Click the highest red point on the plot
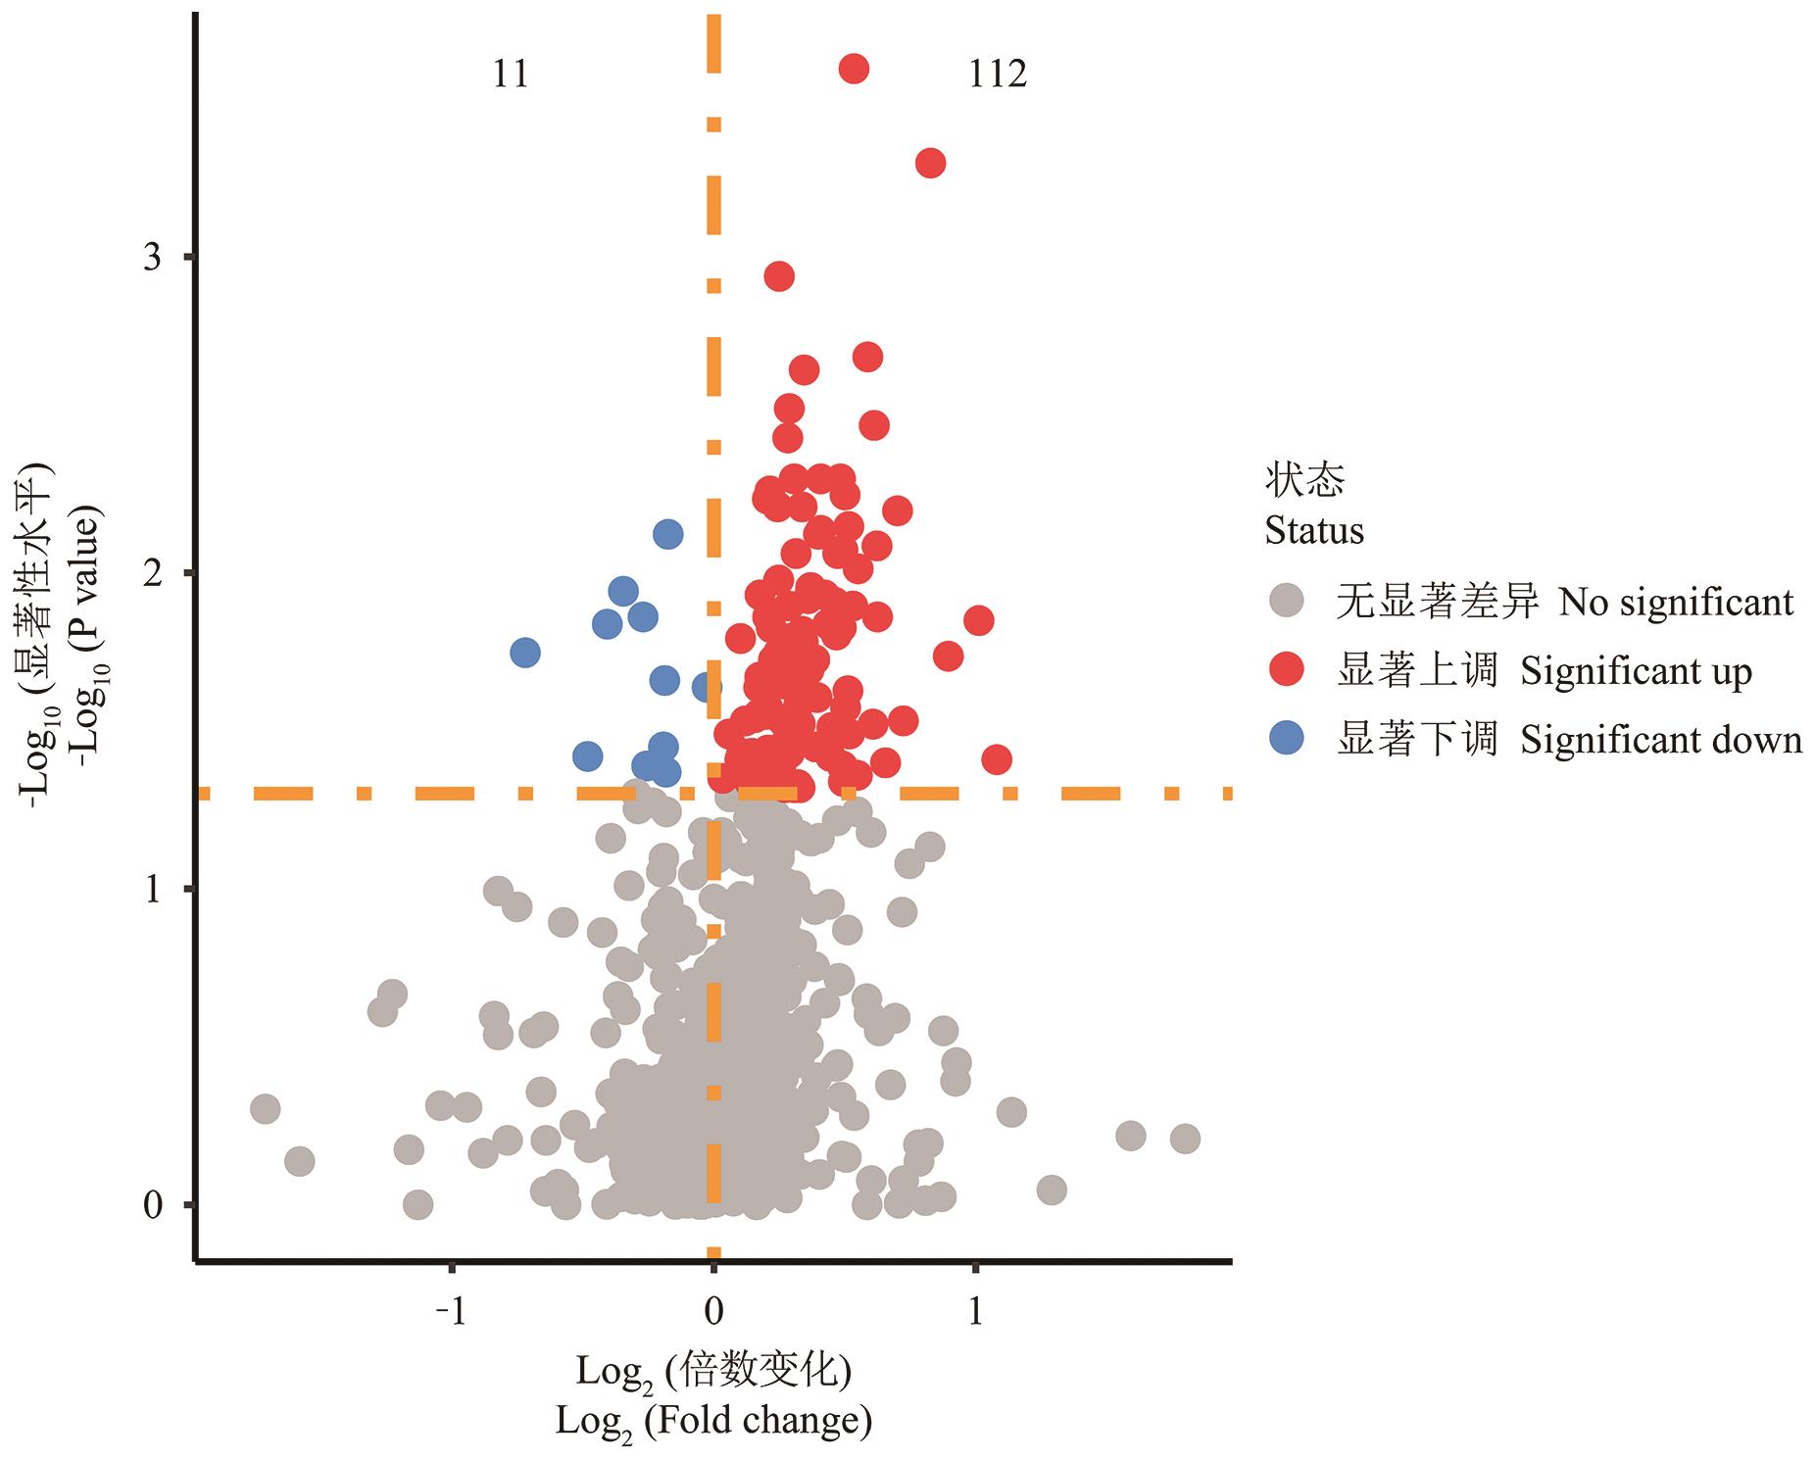coord(854,69)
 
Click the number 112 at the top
coord(997,73)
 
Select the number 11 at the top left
coord(511,73)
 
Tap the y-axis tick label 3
coord(153,257)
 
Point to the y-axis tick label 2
coord(153,572)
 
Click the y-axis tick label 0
coord(153,1205)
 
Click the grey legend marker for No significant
coord(1286,601)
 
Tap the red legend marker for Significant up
coord(1286,670)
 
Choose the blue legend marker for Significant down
coord(1286,739)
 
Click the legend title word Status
coord(1314,531)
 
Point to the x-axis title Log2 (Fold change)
coord(713,1420)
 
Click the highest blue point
coord(668,534)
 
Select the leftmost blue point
coord(525,652)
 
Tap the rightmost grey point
coord(1185,1139)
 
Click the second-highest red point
coord(930,163)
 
